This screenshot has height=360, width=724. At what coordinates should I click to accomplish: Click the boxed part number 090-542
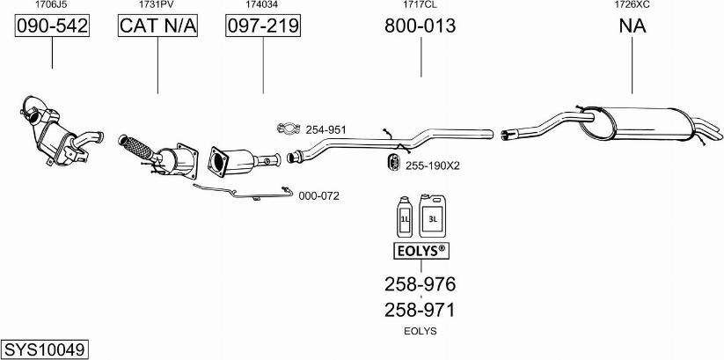pyautogui.click(x=52, y=26)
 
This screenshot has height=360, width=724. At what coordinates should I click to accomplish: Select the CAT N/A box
pyautogui.click(x=158, y=26)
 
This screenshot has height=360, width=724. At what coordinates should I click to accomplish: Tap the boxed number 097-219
pyautogui.click(x=263, y=26)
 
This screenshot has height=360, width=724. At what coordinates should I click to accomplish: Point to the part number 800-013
pyautogui.click(x=421, y=26)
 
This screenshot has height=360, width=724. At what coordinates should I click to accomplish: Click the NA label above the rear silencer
pyautogui.click(x=633, y=26)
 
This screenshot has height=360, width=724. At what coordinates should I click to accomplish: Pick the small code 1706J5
pyautogui.click(x=51, y=4)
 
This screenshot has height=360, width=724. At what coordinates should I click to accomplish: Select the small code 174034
pyautogui.click(x=263, y=4)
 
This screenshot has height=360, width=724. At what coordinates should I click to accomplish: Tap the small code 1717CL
pyautogui.click(x=421, y=4)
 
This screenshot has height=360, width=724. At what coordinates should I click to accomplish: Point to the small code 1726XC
pyautogui.click(x=632, y=4)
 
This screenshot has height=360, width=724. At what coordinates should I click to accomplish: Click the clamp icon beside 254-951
pyautogui.click(x=289, y=129)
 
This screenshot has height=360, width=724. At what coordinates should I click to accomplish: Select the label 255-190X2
pyautogui.click(x=432, y=165)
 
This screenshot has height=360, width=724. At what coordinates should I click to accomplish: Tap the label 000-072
pyautogui.click(x=318, y=196)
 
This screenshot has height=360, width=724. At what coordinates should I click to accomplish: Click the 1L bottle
pyautogui.click(x=404, y=217)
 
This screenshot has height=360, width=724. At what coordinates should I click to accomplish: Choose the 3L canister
pyautogui.click(x=432, y=216)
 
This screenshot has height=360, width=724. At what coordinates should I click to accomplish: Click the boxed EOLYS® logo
pyautogui.click(x=421, y=251)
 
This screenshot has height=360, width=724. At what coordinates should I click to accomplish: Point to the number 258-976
pyautogui.click(x=421, y=283)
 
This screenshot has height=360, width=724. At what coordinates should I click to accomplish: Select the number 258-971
pyautogui.click(x=420, y=310)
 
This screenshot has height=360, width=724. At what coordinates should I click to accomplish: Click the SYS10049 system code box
pyautogui.click(x=45, y=349)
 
